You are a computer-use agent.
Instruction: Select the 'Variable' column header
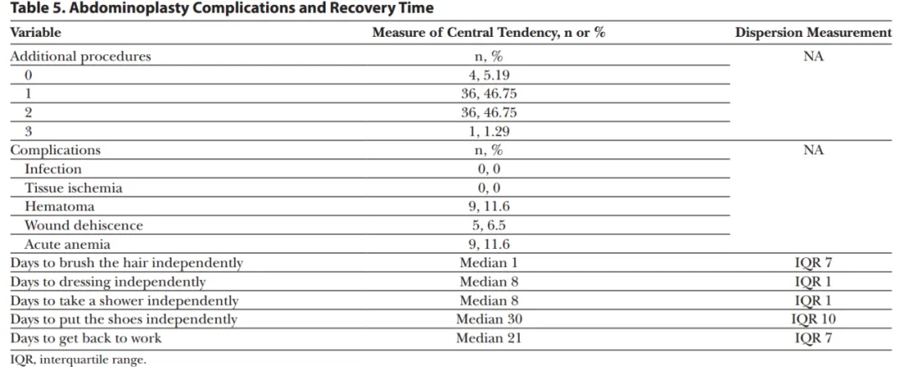click(35, 33)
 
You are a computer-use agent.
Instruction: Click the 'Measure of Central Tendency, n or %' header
click(488, 33)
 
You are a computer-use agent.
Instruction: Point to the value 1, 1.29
click(488, 132)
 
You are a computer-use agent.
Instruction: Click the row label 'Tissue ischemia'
click(73, 188)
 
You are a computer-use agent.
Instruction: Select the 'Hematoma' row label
click(59, 206)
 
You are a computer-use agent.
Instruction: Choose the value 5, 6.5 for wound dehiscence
click(488, 225)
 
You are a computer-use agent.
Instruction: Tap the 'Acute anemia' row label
click(67, 244)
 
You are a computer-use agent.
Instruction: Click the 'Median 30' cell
click(488, 319)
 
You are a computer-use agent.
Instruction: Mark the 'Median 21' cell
click(488, 338)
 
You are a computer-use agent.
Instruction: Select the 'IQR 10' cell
click(813, 319)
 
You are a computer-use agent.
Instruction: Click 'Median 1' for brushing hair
click(488, 263)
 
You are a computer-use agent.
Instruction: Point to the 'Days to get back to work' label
click(85, 338)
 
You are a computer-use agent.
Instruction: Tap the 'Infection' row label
click(53, 169)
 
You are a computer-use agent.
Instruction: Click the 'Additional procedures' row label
click(80, 57)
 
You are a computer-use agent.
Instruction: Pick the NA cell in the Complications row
click(813, 151)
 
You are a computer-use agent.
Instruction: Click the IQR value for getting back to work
click(813, 338)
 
